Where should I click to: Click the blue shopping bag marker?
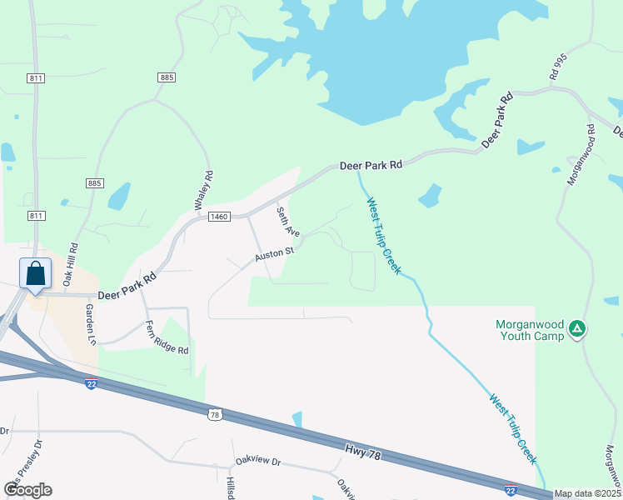tap(36, 273)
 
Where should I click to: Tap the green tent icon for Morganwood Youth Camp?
tap(577, 330)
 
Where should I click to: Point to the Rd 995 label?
tap(557, 68)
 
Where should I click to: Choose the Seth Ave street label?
tap(288, 222)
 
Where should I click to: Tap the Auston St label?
tap(275, 251)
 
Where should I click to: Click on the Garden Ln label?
tap(91, 324)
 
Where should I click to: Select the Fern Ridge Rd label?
tap(167, 337)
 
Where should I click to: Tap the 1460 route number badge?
tap(219, 217)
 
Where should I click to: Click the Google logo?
tap(27, 490)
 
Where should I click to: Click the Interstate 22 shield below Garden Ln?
tap(91, 382)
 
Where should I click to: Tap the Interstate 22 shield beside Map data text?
tap(511, 490)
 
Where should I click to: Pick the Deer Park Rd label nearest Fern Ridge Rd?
tap(127, 287)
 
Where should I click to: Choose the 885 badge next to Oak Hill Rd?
tap(93, 182)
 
